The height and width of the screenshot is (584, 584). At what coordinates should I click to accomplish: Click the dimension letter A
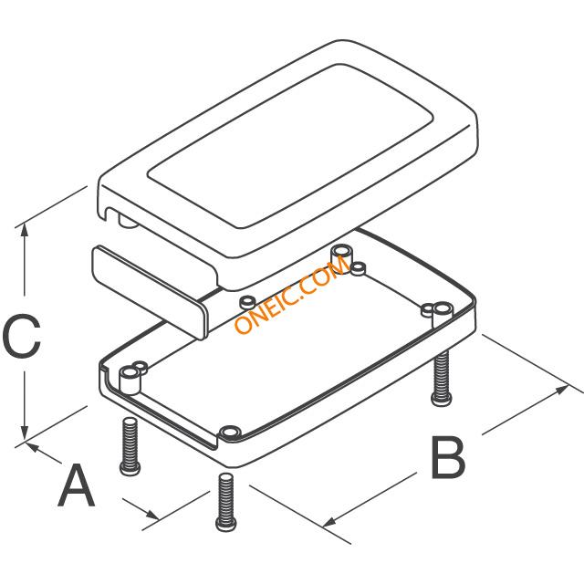[77, 485]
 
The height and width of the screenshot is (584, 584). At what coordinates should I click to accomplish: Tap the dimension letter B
[447, 458]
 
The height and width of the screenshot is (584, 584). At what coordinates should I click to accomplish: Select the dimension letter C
[22, 338]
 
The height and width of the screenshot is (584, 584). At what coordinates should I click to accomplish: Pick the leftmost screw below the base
[129, 446]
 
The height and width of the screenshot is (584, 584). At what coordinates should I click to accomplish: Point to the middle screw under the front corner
[225, 501]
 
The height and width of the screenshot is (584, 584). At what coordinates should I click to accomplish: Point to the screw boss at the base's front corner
[230, 431]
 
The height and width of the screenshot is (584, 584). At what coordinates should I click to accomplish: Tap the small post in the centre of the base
[246, 301]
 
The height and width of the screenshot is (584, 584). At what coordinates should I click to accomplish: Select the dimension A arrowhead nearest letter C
[35, 448]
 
